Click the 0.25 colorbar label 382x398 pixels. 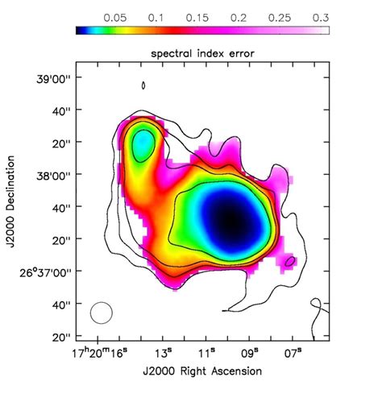click(x=279, y=16)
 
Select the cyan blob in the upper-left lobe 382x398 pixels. click(x=143, y=144)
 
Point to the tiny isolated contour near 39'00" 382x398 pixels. click(x=143, y=85)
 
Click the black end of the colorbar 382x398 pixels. click(x=81, y=31)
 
